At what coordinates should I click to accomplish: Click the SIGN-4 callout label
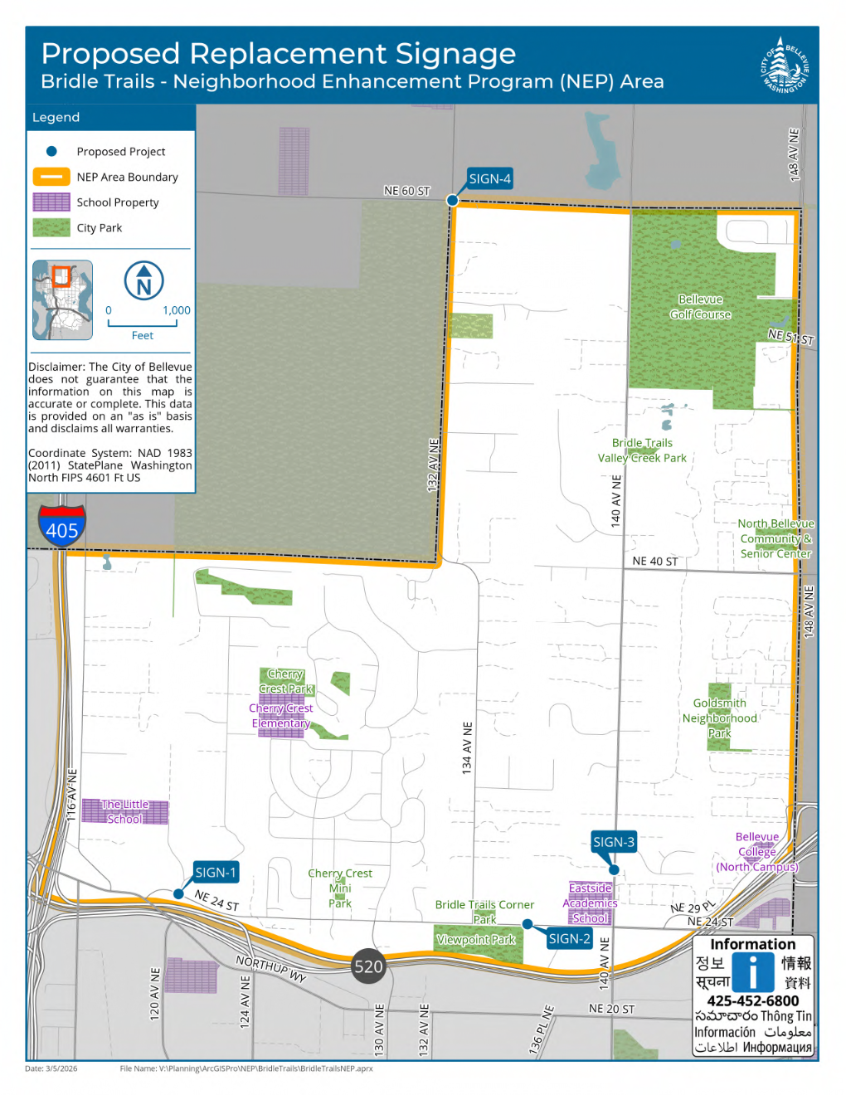click(x=489, y=178)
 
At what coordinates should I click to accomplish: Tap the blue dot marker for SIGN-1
click(x=178, y=893)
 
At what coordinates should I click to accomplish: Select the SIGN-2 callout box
click(x=569, y=939)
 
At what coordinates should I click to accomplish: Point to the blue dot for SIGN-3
click(x=614, y=870)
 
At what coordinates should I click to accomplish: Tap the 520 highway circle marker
click(x=368, y=966)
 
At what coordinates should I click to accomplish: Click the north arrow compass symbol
click(x=143, y=281)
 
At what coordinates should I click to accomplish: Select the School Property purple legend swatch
click(x=51, y=202)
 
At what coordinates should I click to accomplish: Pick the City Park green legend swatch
click(x=51, y=227)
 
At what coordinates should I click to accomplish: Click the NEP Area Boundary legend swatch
click(x=51, y=177)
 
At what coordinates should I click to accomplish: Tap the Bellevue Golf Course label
click(x=701, y=307)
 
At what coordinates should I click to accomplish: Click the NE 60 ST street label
click(x=407, y=191)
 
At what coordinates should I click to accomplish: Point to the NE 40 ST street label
click(x=655, y=562)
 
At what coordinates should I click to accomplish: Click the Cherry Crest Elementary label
click(x=281, y=716)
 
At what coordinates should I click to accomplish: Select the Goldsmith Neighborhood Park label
click(x=720, y=718)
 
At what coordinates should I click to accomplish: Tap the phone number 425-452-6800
click(x=753, y=1000)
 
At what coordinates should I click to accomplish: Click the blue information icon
click(x=753, y=971)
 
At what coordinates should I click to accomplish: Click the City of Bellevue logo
click(x=784, y=65)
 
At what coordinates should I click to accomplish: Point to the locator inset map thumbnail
click(x=63, y=299)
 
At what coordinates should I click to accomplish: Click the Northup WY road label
click(x=271, y=969)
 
